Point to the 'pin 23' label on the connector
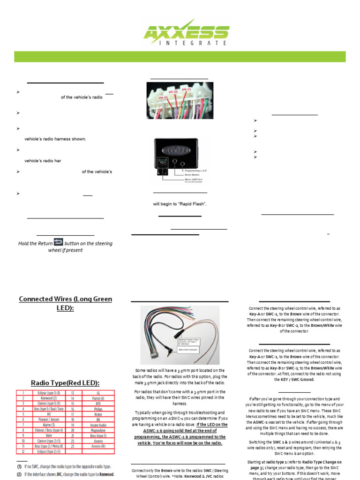pos(186,89)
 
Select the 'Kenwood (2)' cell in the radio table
pos(45,398)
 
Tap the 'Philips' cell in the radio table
pos(97,409)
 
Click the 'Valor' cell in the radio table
pos(45,436)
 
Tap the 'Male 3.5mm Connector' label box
pos(197,350)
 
